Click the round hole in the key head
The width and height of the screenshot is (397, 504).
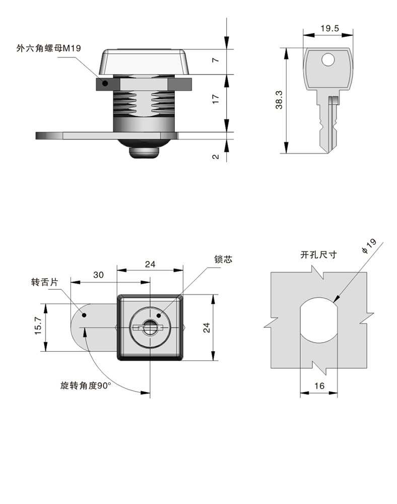click(327, 60)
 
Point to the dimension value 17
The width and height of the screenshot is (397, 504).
click(216, 99)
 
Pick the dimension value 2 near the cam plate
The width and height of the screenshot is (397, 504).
click(216, 157)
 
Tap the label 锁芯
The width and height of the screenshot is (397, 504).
click(224, 260)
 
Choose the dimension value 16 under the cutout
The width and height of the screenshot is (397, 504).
click(318, 386)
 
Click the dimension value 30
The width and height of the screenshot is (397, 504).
click(99, 275)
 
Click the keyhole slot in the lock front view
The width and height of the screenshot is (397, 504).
click(150, 328)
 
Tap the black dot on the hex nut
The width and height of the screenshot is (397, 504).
click(105, 84)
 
